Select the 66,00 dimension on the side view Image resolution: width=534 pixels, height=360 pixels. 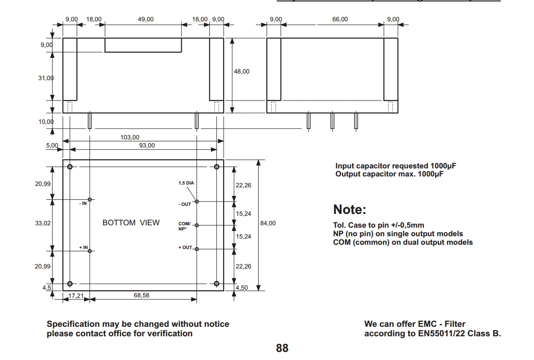click(340, 19)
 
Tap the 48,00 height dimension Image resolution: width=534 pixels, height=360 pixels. click(241, 72)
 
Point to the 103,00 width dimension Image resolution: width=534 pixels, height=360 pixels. click(130, 138)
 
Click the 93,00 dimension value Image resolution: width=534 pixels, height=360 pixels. click(147, 146)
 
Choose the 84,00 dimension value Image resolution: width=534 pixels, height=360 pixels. click(268, 223)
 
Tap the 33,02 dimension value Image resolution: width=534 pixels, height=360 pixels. click(43, 223)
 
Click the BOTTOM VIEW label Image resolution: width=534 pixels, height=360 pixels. click(131, 223)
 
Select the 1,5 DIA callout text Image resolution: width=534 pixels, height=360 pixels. click(186, 183)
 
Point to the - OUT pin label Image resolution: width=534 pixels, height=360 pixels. click(184, 204)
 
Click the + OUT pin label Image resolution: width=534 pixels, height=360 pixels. click(185, 248)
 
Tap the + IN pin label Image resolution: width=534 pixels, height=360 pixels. click(84, 248)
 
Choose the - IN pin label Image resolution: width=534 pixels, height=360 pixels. click(83, 203)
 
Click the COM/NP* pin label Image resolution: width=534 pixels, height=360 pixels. click(184, 226)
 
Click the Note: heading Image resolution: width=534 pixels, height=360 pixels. click(350, 210)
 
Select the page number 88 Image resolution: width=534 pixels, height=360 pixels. click(282, 348)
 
